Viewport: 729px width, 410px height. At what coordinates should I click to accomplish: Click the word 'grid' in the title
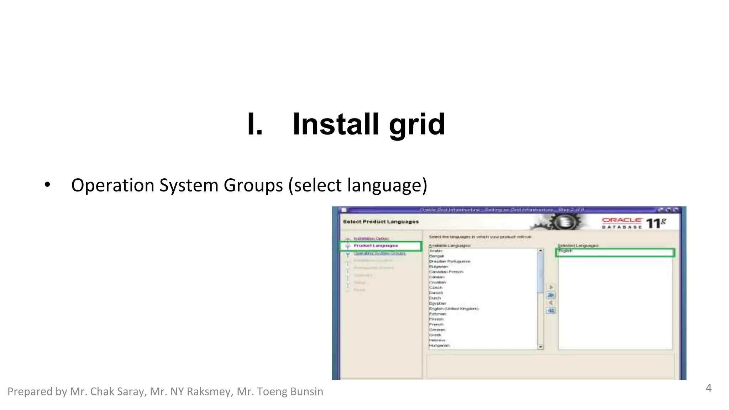pos(417,125)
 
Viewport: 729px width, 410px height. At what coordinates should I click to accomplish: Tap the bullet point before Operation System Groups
pos(47,185)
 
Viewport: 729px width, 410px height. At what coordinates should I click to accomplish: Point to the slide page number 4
pos(708,388)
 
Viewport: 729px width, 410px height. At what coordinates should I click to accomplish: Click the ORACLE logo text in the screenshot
pos(622,220)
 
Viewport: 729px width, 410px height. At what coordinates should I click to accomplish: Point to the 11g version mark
pos(655,224)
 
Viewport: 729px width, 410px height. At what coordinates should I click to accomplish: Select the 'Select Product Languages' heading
pos(381,222)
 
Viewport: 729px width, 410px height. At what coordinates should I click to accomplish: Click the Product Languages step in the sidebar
pos(376,246)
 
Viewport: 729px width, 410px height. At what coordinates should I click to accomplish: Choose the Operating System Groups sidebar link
pos(379,253)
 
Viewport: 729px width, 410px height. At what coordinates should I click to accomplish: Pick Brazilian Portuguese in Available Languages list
pos(450,261)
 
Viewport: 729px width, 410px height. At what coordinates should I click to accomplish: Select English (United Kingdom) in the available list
pos(454,309)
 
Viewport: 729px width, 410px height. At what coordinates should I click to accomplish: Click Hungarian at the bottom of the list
pos(439,346)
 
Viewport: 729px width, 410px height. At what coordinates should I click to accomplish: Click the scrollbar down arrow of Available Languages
pos(541,347)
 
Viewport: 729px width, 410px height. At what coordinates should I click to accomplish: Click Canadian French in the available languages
pos(446,272)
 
